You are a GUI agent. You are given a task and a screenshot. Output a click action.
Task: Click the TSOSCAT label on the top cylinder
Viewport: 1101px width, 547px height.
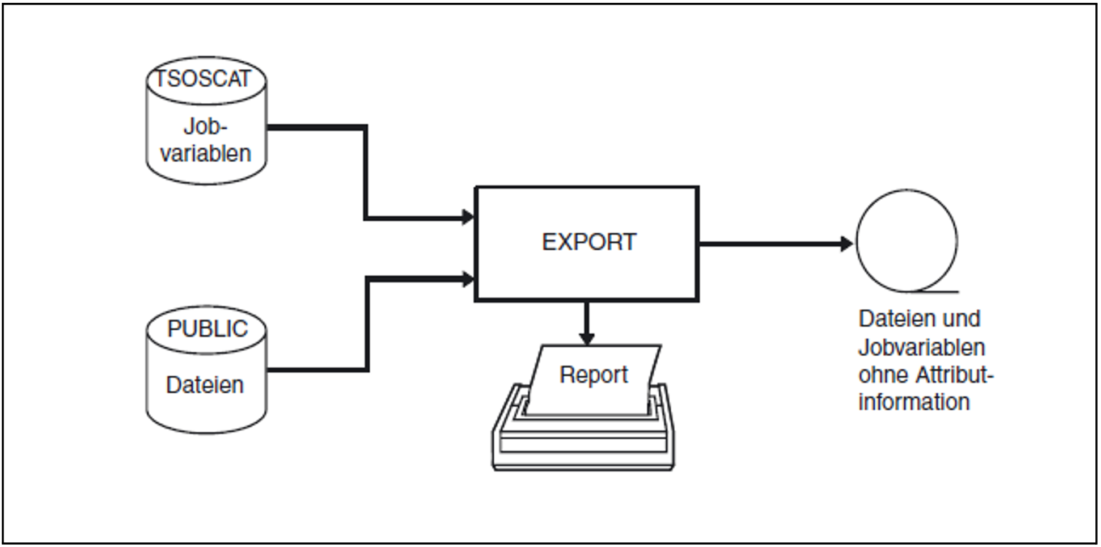(203, 79)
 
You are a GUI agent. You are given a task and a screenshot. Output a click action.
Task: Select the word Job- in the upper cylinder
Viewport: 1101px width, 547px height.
(205, 127)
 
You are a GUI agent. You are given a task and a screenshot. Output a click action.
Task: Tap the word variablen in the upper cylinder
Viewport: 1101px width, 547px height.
(205, 153)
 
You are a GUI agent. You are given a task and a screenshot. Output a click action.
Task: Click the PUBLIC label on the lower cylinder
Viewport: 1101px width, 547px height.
(208, 329)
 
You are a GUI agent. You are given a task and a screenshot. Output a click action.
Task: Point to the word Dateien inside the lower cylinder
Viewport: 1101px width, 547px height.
(205, 385)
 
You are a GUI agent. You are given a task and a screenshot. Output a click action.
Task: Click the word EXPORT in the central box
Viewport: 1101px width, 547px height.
(589, 242)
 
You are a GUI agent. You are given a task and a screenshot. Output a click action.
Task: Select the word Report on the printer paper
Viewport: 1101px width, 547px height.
(594, 375)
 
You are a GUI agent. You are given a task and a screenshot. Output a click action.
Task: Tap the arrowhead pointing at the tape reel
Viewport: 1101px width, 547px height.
(847, 244)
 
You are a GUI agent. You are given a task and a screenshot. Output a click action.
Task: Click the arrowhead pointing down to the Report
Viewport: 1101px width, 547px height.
(587, 338)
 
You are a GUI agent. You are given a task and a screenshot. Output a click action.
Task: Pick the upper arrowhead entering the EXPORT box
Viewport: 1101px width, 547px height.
(468, 217)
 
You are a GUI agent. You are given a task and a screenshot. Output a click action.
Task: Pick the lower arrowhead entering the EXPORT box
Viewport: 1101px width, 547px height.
(468, 279)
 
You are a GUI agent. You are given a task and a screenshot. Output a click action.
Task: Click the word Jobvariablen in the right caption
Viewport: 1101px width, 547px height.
(922, 347)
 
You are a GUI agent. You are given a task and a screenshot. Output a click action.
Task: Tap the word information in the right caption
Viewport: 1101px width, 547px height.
(914, 402)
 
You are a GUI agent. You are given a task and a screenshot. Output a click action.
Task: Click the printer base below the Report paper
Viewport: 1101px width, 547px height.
(583, 448)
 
